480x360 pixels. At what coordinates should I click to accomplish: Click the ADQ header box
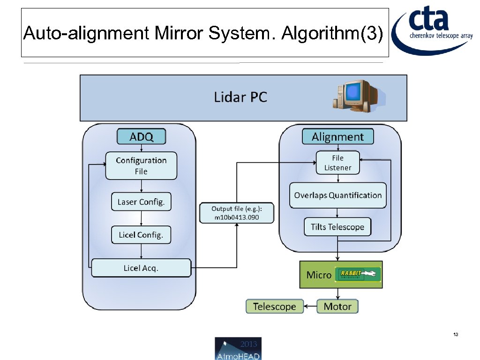click(x=141, y=136)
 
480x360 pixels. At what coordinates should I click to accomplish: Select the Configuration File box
click(x=141, y=165)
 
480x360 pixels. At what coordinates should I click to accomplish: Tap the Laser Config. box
click(x=141, y=202)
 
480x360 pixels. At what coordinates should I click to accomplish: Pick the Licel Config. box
click(x=141, y=235)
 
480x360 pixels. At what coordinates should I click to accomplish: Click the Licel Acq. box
click(x=141, y=268)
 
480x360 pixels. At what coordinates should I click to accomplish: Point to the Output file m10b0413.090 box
click(x=236, y=213)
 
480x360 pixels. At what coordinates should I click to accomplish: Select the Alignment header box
click(x=337, y=136)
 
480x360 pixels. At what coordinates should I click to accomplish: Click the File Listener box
click(x=337, y=163)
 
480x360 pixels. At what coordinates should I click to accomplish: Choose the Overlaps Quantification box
click(x=337, y=195)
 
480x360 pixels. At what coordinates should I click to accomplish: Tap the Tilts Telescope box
click(x=337, y=227)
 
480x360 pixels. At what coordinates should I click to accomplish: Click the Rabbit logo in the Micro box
click(x=360, y=274)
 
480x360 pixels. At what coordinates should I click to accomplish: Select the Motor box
click(x=337, y=307)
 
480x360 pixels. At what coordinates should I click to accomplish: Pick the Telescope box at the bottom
click(x=275, y=307)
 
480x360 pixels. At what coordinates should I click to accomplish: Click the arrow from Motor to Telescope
click(x=310, y=307)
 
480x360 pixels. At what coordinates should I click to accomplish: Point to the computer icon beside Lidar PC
click(x=357, y=96)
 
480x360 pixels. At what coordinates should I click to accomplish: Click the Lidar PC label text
click(x=240, y=97)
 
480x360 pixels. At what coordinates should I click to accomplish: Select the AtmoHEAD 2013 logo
click(x=238, y=348)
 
